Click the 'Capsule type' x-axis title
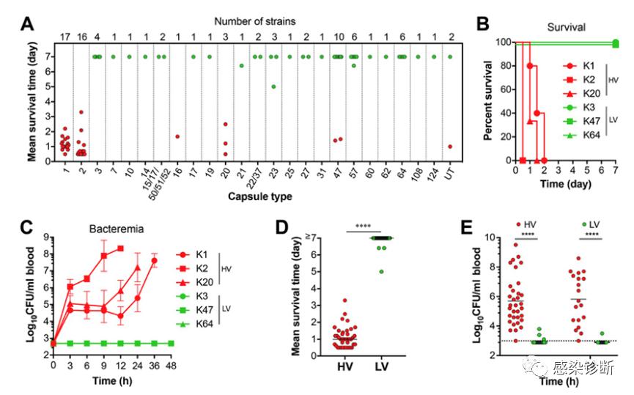click(x=249, y=196)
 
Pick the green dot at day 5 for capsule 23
click(x=273, y=86)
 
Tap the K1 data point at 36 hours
click(x=155, y=260)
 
